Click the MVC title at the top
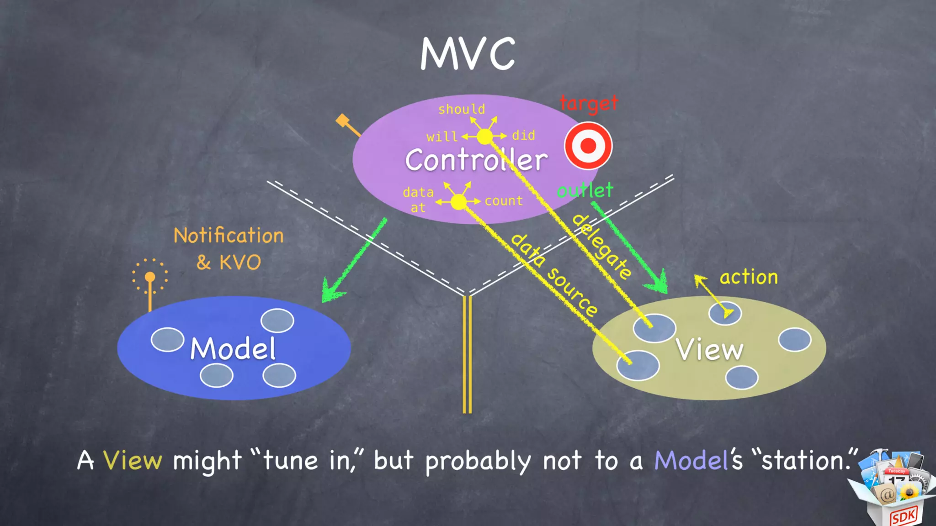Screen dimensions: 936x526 pyautogui.click(x=468, y=54)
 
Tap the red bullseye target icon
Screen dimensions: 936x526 pyautogui.click(x=588, y=146)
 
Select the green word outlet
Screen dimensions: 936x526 pyautogui.click(x=585, y=190)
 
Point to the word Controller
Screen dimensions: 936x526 pyautogui.click(x=476, y=160)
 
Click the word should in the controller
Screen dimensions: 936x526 pyautogui.click(x=462, y=109)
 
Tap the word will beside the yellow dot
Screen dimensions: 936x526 pyautogui.click(x=441, y=137)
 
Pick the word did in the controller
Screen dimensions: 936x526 pyautogui.click(x=523, y=135)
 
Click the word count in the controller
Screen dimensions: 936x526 pyautogui.click(x=504, y=201)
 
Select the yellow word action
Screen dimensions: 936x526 pyautogui.click(x=749, y=277)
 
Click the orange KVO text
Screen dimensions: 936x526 pyautogui.click(x=239, y=263)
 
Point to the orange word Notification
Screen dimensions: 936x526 pyautogui.click(x=229, y=236)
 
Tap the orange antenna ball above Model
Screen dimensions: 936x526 pyautogui.click(x=150, y=277)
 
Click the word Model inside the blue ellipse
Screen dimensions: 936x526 pyautogui.click(x=233, y=349)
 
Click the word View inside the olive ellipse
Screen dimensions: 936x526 pyautogui.click(x=709, y=350)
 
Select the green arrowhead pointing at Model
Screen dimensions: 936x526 pyautogui.click(x=331, y=290)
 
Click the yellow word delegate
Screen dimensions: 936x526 pyautogui.click(x=602, y=247)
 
